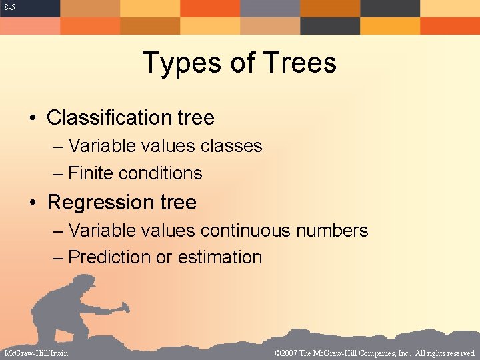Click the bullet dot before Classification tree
[33, 119]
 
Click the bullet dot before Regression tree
[33, 203]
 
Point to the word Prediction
[110, 257]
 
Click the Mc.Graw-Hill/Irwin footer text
[35, 353]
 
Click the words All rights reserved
[445, 353]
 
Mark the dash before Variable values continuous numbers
[58, 231]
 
